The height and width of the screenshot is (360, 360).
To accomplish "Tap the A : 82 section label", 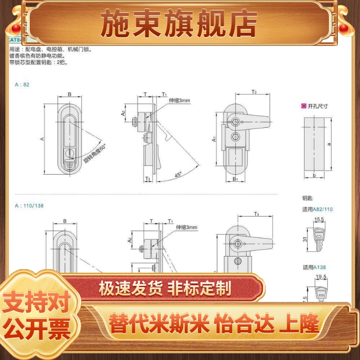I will coord(22,84).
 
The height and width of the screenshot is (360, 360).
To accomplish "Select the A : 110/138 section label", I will coord(29,206).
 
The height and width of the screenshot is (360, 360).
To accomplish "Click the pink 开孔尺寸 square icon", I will coord(304,106).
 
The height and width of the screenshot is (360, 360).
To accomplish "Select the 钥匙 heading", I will coord(307,198).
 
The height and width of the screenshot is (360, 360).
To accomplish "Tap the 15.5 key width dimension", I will coord(319,219).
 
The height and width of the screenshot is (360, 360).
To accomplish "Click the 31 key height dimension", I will coord(305,239).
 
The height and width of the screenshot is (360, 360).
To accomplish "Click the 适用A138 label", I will coord(314,267).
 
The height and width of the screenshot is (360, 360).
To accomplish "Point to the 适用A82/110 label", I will coord(318,209).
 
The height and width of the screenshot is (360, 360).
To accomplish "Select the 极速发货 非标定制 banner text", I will coord(165,287).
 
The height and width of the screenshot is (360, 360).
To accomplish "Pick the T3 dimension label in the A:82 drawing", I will coord(254,92).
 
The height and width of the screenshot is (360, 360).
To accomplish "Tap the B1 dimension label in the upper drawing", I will coord(235,179).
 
